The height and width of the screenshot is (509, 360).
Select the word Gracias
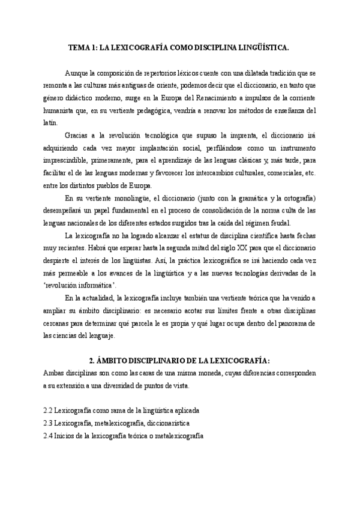[79, 135]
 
